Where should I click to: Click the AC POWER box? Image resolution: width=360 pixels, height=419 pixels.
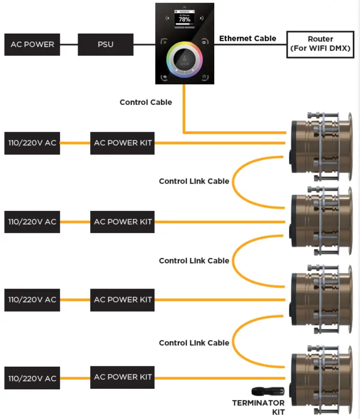(x=32, y=45)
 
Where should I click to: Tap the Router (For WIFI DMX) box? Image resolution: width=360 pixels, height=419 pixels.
(x=320, y=45)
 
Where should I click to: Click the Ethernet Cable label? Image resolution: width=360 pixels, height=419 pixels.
(x=247, y=38)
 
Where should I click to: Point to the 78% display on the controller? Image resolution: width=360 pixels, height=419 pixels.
(x=185, y=20)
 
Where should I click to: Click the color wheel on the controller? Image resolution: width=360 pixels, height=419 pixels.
(x=185, y=62)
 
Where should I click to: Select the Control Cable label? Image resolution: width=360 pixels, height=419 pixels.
(x=145, y=102)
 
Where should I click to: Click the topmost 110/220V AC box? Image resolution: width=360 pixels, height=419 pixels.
(x=32, y=143)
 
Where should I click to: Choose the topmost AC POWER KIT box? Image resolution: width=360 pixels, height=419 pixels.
(x=123, y=143)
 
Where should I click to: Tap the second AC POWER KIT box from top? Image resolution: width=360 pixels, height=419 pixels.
(x=123, y=221)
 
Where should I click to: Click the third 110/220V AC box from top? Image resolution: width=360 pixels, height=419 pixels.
(x=32, y=300)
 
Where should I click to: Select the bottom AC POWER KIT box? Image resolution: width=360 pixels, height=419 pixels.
(x=123, y=377)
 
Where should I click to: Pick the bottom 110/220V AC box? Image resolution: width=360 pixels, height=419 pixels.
(x=32, y=379)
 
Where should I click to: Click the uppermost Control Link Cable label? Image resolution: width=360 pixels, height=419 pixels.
(x=194, y=181)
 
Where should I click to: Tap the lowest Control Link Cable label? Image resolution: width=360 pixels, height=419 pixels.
(x=194, y=343)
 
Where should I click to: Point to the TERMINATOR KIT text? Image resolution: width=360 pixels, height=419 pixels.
(x=258, y=407)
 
